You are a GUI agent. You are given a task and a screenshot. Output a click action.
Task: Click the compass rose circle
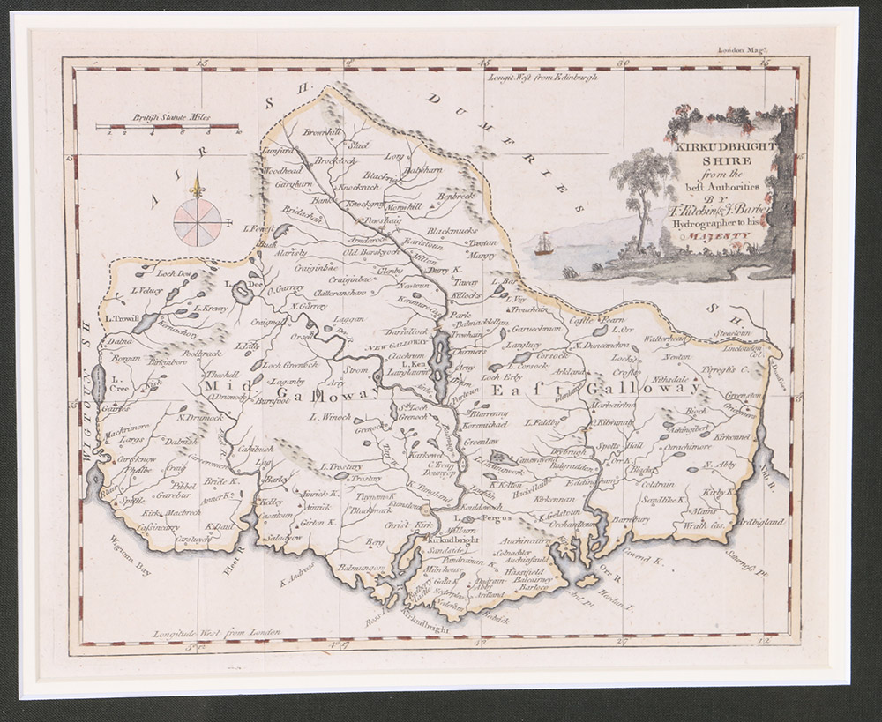pyautogui.click(x=198, y=221)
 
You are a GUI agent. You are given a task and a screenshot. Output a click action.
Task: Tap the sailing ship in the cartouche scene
pyautogui.click(x=543, y=244)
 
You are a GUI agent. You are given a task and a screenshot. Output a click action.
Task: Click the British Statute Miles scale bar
pyautogui.click(x=168, y=127)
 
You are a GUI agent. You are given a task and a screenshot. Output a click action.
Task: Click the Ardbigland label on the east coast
pyautogui.click(x=760, y=522)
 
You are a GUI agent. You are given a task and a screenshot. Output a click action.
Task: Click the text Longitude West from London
pyautogui.click(x=217, y=632)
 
